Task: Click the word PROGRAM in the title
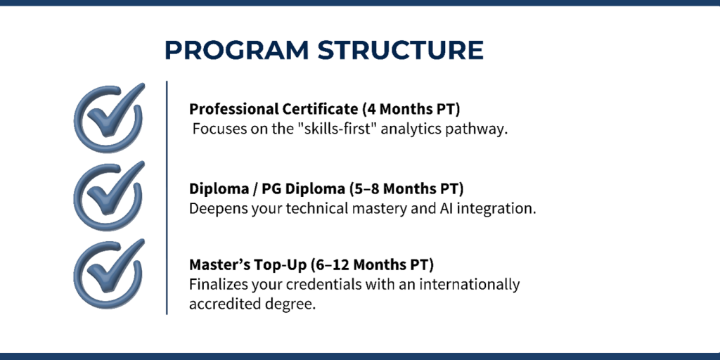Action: tap(237, 50)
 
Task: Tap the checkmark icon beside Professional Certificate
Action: tap(109, 117)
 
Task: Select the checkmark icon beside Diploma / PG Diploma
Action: tap(109, 195)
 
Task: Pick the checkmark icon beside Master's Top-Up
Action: tap(109, 274)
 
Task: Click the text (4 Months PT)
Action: tap(411, 109)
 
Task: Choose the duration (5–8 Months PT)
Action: tap(406, 188)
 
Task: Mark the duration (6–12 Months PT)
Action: tap(372, 265)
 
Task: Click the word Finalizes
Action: tap(219, 284)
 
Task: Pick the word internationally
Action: tap(463, 285)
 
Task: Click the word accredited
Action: tap(221, 304)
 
